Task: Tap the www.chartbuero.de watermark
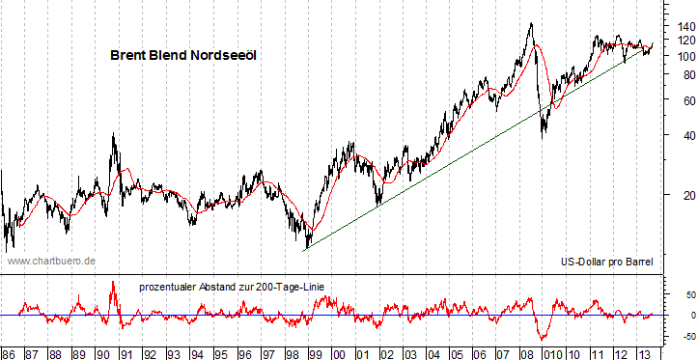click(50, 261)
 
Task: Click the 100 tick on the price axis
click(678, 56)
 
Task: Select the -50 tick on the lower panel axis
click(678, 337)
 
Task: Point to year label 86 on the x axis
click(8, 352)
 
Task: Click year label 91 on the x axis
click(126, 352)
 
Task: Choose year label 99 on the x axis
click(315, 352)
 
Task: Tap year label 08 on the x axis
click(526, 352)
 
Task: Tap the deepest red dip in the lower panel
click(543, 339)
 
